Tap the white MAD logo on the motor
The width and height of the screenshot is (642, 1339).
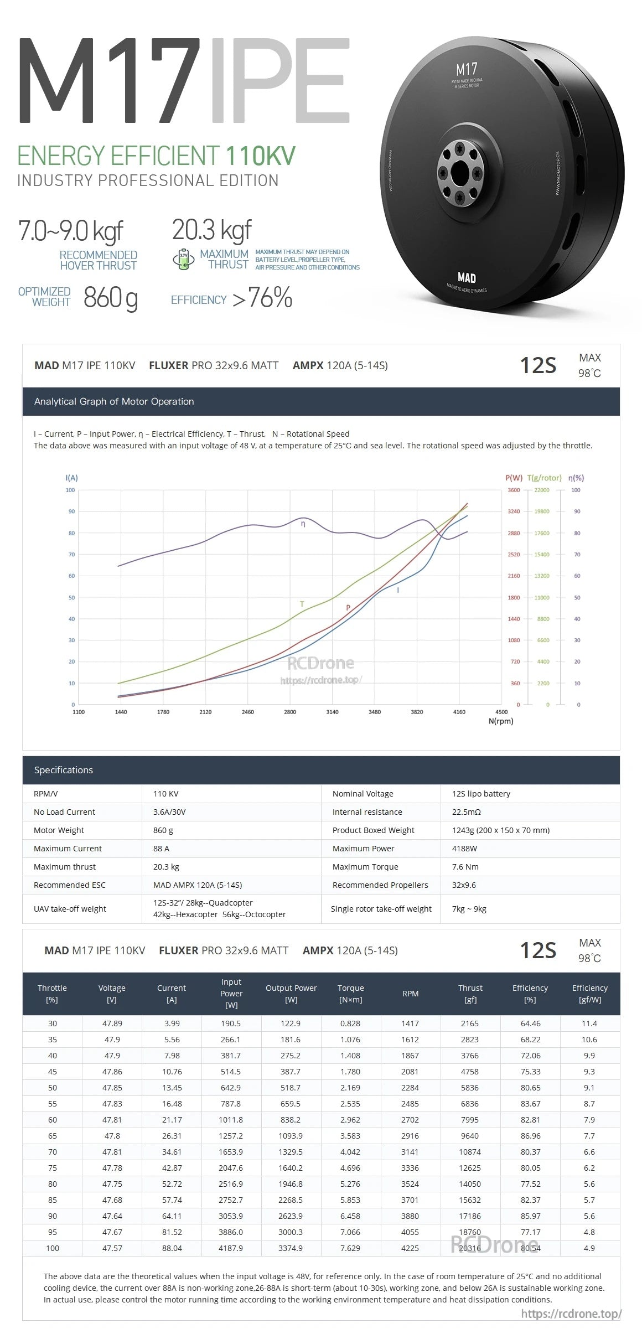click(x=467, y=277)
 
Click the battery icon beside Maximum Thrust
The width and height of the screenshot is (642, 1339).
click(x=184, y=259)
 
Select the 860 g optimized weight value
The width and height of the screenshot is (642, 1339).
click(x=111, y=298)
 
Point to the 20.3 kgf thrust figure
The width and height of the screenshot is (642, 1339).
click(x=212, y=230)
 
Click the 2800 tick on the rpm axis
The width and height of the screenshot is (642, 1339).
click(x=290, y=712)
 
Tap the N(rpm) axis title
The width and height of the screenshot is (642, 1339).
click(x=501, y=721)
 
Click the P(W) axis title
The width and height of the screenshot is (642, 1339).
click(x=514, y=478)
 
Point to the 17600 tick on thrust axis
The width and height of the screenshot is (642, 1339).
click(x=542, y=533)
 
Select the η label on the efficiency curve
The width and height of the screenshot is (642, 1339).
click(x=303, y=524)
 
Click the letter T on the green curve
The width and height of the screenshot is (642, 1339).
click(x=302, y=604)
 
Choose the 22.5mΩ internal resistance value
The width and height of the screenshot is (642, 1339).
click(x=466, y=812)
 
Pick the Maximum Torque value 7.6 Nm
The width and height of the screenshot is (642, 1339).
click(x=465, y=867)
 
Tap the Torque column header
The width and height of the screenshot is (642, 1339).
click(x=350, y=994)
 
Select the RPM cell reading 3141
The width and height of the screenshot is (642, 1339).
click(x=410, y=1152)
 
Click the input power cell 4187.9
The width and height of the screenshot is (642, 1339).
click(x=231, y=1248)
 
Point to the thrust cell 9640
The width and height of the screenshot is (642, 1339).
click(x=470, y=1136)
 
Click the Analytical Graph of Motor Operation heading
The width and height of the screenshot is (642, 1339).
click(x=114, y=401)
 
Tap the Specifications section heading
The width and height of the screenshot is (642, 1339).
click(x=64, y=770)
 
